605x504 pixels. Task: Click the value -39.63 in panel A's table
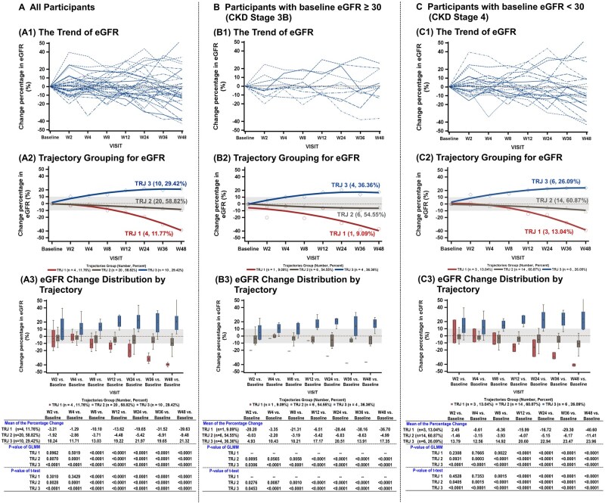coord(183,428)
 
